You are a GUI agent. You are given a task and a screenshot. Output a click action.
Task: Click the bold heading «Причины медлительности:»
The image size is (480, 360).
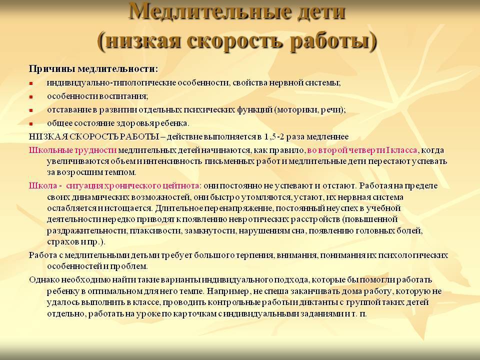(93, 69)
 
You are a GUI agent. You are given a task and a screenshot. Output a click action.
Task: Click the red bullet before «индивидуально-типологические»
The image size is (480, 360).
(30, 83)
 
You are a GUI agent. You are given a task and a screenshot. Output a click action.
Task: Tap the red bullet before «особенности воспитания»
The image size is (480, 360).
(30, 97)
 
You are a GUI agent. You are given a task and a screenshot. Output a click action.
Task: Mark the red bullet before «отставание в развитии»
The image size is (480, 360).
(30, 110)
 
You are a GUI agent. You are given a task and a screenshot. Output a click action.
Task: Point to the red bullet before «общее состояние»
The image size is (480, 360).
(30, 124)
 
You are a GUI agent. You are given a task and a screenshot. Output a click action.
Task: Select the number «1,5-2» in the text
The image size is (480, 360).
(274, 137)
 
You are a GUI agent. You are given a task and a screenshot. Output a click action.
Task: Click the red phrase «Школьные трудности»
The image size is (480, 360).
(73, 150)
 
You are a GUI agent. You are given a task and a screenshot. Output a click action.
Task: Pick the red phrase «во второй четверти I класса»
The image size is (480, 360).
(362, 150)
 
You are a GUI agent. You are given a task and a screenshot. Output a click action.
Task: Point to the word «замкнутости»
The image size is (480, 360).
(209, 231)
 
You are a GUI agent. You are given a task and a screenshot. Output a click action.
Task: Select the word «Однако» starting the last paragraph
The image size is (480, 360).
(44, 280)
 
